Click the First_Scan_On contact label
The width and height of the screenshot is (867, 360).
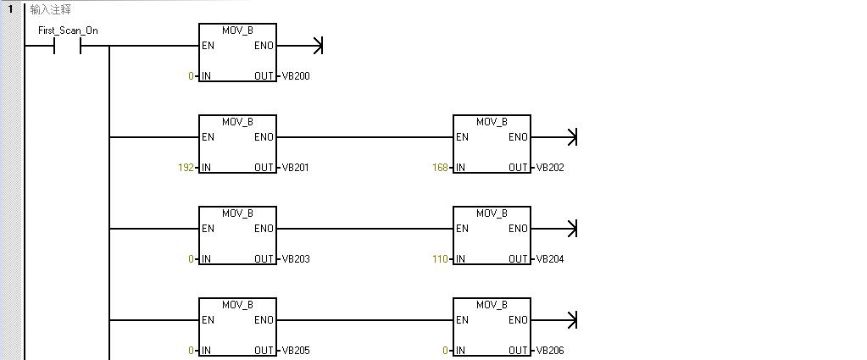68,30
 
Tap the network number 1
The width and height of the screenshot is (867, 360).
10,8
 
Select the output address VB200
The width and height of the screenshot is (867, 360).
296,76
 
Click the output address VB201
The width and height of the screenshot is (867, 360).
296,168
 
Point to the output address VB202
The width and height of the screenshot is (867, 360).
550,168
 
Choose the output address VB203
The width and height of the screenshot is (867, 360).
296,259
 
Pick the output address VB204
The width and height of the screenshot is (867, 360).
550,259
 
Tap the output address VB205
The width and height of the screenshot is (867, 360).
296,351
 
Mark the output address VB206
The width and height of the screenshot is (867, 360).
550,351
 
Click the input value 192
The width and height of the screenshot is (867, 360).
186,168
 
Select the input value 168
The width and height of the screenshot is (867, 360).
440,168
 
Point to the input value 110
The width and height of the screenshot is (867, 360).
440,259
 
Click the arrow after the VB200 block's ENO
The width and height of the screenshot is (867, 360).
299,46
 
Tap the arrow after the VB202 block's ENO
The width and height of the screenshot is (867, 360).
553,137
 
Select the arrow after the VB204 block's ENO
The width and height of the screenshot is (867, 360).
553,229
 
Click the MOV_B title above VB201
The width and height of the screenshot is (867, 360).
238,122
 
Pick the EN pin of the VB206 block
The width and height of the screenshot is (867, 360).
462,320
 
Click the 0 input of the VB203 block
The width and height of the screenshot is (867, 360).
191,259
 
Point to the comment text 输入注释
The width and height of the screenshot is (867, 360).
50,9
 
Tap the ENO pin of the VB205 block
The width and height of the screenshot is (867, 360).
264,320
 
